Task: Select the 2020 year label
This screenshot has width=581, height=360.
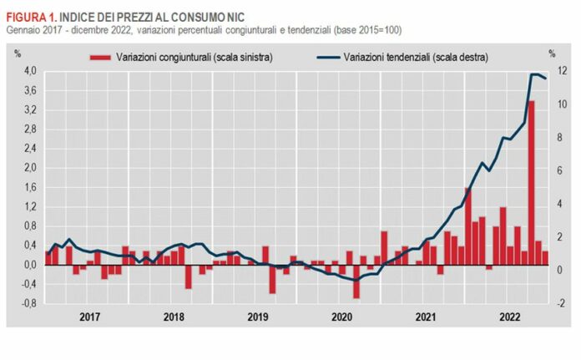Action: pos(341,317)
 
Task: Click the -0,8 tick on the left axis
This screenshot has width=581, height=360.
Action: pos(27,303)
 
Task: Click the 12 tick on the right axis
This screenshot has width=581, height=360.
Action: pos(554,71)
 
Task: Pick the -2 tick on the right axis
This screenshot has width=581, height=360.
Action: pos(553,303)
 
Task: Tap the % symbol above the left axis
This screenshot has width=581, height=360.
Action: pos(18,55)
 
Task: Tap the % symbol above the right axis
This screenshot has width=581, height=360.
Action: pos(552,55)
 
